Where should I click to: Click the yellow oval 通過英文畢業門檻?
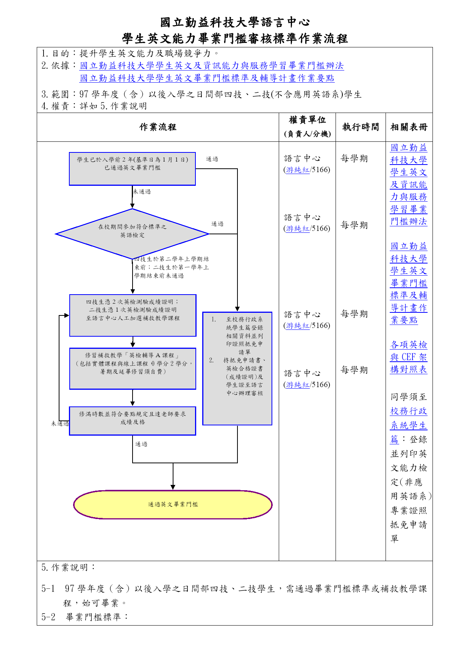point(173,504)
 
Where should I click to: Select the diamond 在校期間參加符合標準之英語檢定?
point(132,234)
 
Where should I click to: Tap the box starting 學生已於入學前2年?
point(132,169)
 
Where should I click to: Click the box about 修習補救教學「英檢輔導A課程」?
point(133,369)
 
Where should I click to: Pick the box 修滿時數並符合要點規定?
point(132,421)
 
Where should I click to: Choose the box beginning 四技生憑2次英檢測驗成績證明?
point(133,315)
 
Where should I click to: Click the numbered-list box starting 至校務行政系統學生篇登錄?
point(237,369)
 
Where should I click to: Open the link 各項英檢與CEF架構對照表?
point(409,357)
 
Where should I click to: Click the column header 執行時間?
point(361,127)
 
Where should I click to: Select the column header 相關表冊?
point(409,127)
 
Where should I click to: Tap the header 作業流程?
point(158,127)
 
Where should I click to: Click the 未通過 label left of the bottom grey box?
point(60,423)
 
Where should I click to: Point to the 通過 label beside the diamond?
point(217,224)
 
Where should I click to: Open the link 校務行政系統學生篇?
point(409,425)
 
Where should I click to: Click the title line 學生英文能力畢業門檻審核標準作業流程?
point(235,38)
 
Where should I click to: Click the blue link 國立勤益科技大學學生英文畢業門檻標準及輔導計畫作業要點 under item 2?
point(207,78)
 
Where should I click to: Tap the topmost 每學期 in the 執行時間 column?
point(354,158)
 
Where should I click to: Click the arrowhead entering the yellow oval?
point(173,487)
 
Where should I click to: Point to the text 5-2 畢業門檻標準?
point(84,617)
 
